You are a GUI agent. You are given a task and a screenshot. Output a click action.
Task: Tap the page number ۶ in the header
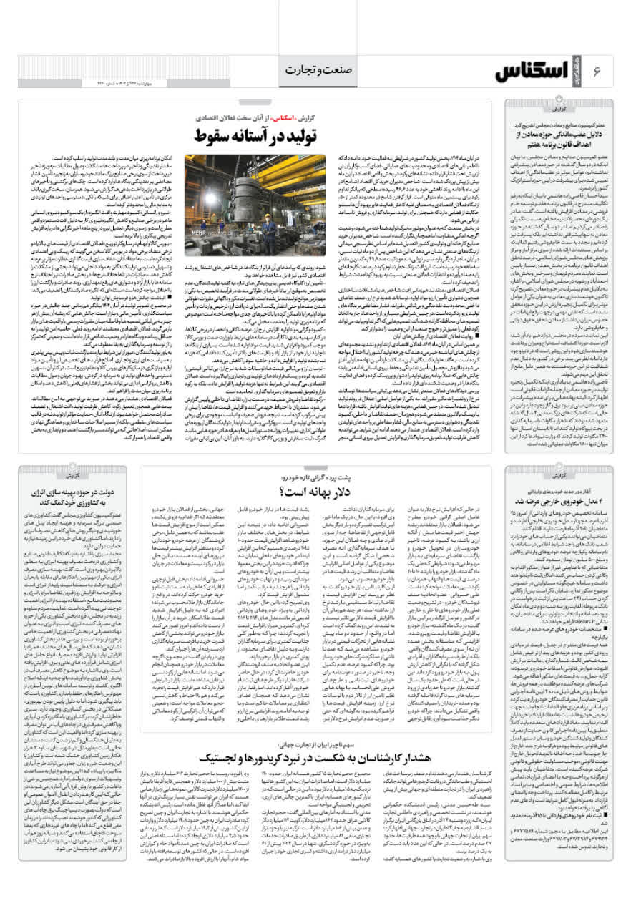605,69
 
